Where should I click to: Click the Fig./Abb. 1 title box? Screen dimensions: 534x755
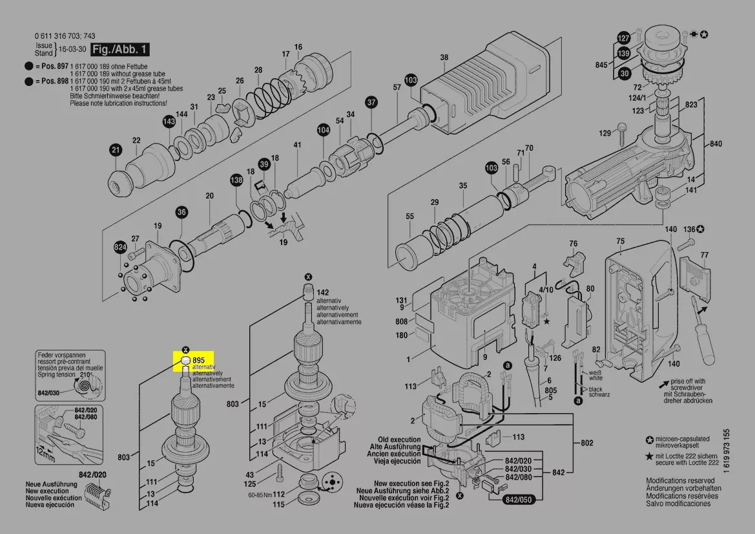tap(119, 49)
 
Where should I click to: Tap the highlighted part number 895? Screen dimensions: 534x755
tap(198, 359)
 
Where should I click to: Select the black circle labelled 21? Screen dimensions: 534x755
tap(115, 151)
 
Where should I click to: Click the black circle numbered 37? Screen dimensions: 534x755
tap(371, 102)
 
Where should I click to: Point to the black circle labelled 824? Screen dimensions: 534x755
tap(120, 247)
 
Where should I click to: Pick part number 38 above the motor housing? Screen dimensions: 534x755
tap(444, 58)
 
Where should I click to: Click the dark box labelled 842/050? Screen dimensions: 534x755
tap(519, 500)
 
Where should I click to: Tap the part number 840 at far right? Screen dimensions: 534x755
tap(716, 144)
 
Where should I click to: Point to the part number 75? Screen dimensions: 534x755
tap(620, 241)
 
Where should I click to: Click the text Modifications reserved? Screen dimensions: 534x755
tap(680, 481)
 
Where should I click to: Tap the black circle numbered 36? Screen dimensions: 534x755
tap(181, 212)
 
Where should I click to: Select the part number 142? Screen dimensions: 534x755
tap(322, 293)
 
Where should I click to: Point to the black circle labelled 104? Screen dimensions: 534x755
tap(323, 130)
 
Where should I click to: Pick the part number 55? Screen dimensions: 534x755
tap(409, 216)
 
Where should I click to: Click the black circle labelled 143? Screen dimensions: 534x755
tap(169, 121)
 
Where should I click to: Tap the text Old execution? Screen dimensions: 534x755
tap(399, 439)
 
